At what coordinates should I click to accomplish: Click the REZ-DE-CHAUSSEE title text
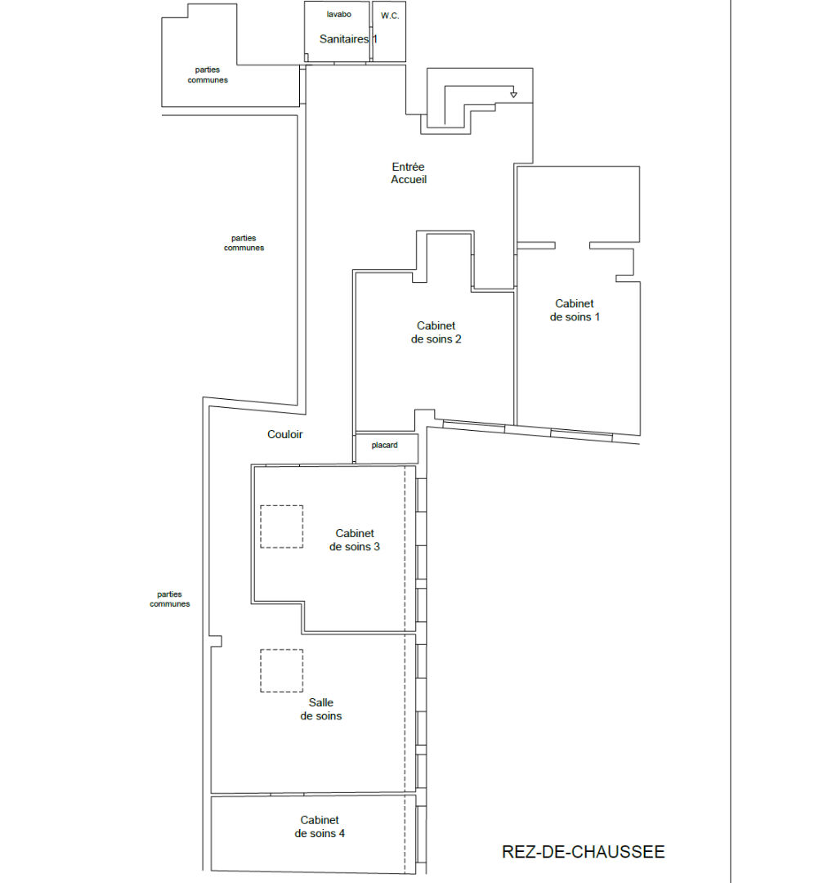pos(583,851)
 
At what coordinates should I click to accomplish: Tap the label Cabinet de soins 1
pos(575,311)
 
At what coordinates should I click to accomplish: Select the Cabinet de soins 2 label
pos(436,332)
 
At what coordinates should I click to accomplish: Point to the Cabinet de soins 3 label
pos(355,540)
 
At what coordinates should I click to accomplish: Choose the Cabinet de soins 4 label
pos(320,827)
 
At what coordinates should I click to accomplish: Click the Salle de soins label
pos(321,709)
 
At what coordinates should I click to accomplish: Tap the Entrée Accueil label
pos(409,173)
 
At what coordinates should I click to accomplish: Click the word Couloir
pos(284,434)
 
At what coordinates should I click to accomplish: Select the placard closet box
pos(387,448)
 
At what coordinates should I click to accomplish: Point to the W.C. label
pos(390,16)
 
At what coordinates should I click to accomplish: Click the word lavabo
pos(339,14)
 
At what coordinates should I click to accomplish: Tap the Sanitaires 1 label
pos(348,39)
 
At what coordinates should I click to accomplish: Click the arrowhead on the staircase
pos(513,95)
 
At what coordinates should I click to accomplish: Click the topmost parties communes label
pos(208,75)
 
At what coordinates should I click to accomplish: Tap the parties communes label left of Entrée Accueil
pos(244,243)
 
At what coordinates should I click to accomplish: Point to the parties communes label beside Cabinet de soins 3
pos(169,598)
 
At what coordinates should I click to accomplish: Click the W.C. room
pos(389,32)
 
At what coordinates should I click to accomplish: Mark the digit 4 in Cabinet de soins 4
pos(342,833)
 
